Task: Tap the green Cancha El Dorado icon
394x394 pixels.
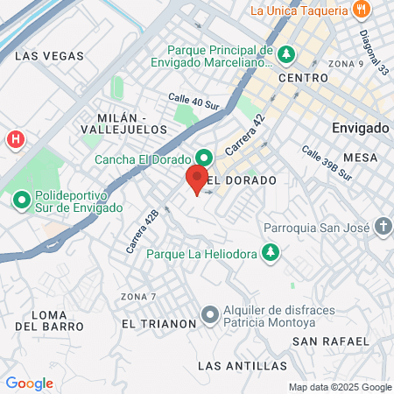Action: [x=204, y=158]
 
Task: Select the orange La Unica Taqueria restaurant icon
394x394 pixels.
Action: [x=362, y=11]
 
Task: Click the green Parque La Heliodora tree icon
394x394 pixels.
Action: [x=271, y=253]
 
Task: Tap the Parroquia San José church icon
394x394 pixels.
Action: [x=383, y=227]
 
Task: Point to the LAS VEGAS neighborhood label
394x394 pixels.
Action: [x=50, y=55]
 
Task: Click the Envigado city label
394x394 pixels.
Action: [x=360, y=128]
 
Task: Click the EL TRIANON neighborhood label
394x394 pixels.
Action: [x=159, y=324]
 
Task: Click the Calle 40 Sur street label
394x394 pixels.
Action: [x=193, y=102]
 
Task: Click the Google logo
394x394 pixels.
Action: [x=29, y=383]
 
